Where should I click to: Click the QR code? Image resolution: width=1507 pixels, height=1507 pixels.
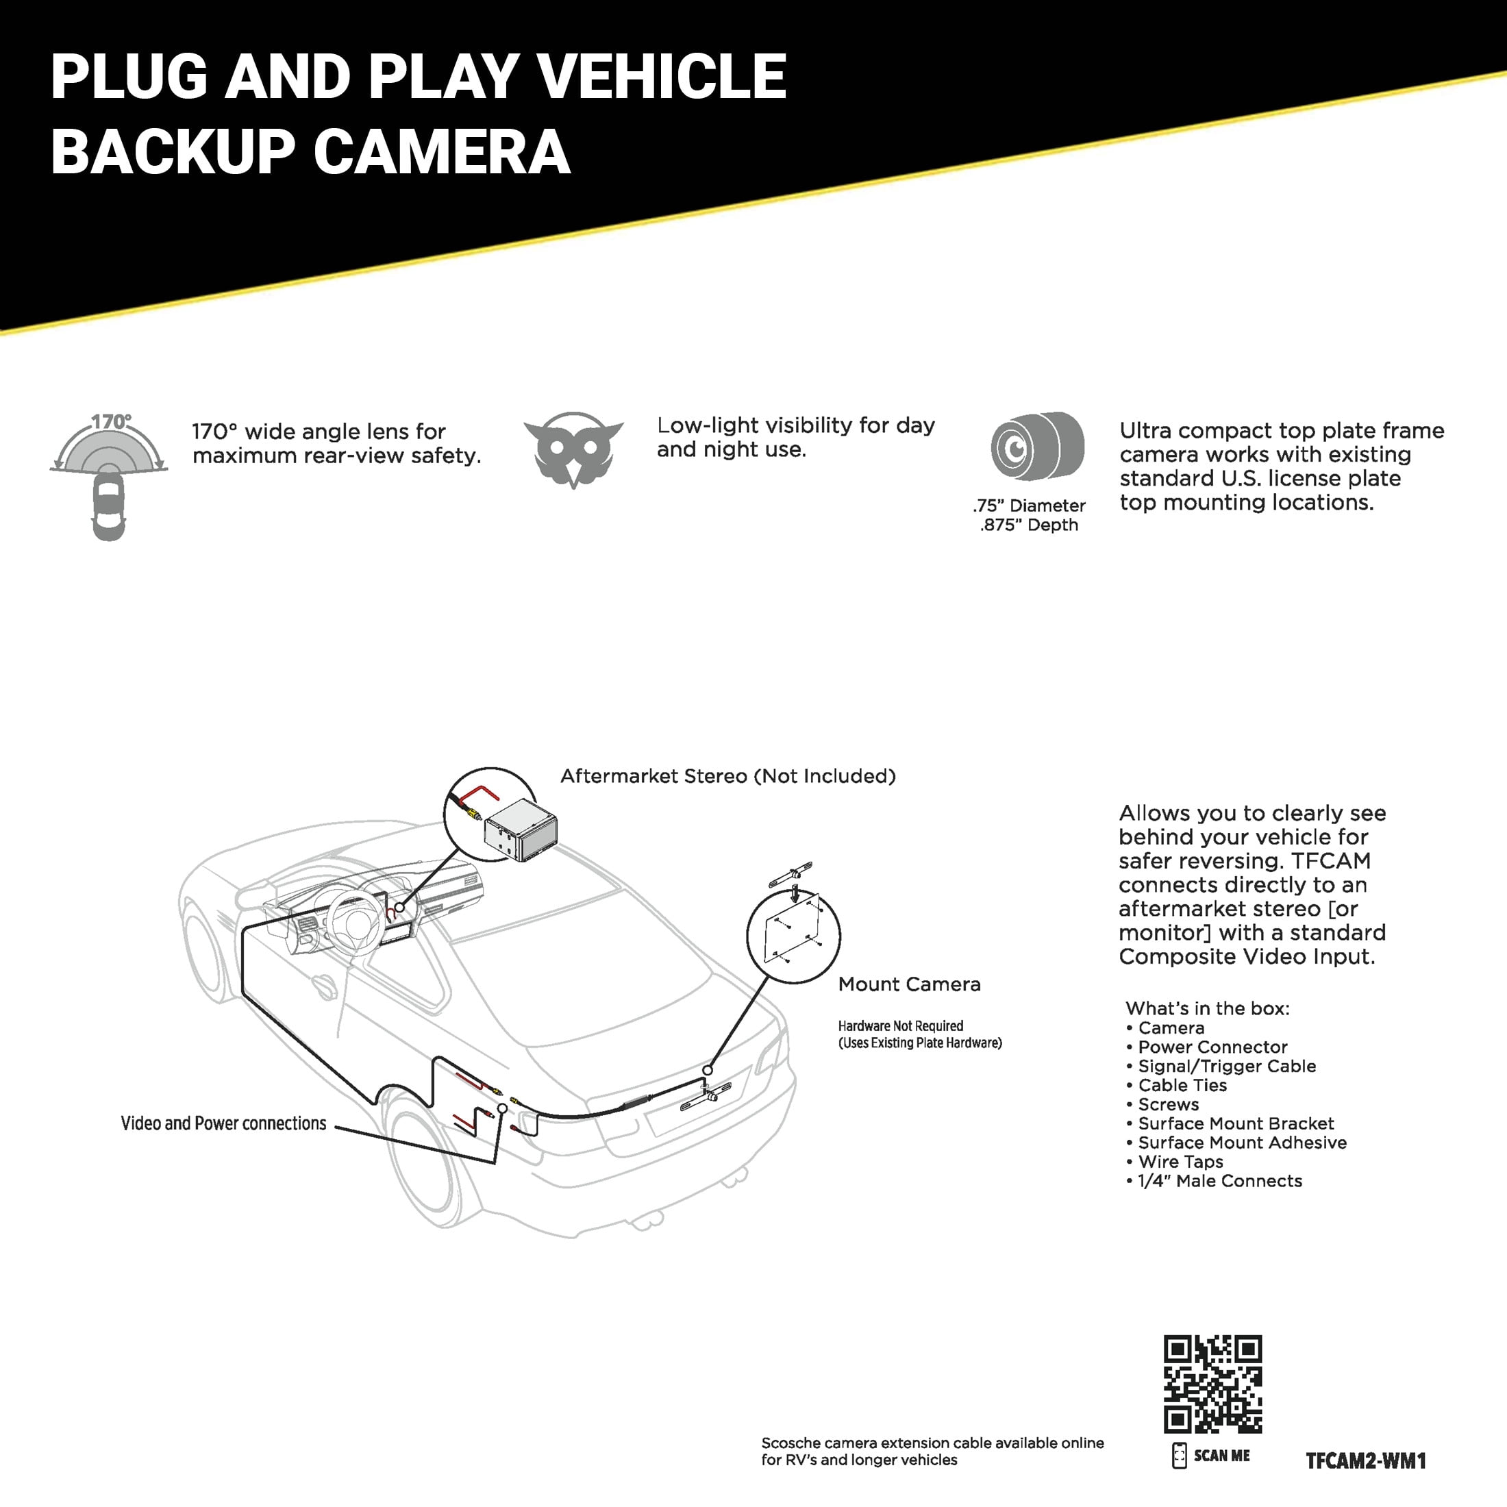click(1212, 1384)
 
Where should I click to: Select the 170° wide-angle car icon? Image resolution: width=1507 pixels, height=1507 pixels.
click(108, 476)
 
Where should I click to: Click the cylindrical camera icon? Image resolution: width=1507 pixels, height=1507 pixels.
click(1036, 446)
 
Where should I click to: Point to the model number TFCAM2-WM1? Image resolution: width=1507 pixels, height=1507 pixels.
click(1365, 1460)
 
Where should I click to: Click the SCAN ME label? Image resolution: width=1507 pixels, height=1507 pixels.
click(1221, 1456)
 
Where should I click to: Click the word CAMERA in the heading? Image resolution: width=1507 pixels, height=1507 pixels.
click(443, 151)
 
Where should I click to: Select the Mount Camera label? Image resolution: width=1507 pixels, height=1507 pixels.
click(909, 984)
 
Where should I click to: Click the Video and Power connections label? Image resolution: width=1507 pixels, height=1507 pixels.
click(223, 1123)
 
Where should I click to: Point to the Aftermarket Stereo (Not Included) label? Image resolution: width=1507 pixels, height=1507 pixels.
click(727, 776)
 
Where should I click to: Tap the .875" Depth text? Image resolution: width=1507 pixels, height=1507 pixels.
click(1029, 525)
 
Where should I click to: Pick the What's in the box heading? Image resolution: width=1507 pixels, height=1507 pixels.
click(1208, 1008)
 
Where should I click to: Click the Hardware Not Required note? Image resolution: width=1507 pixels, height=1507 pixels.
click(901, 1025)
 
